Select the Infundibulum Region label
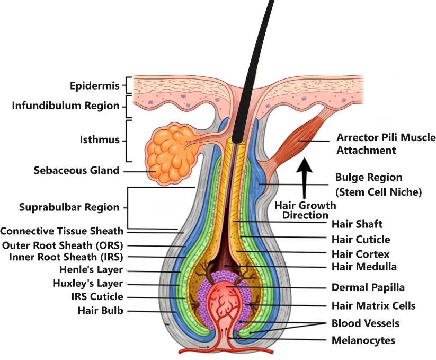tap(66, 106)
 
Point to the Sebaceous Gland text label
tap(76, 171)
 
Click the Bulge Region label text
tap(369, 177)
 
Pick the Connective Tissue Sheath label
tap(61, 231)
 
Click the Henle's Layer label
tap(93, 270)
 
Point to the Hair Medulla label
tap(363, 267)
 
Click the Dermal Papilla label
tap(368, 288)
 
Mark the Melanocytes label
tap(363, 341)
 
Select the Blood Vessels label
tap(365, 323)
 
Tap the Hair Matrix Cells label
tap(373, 305)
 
